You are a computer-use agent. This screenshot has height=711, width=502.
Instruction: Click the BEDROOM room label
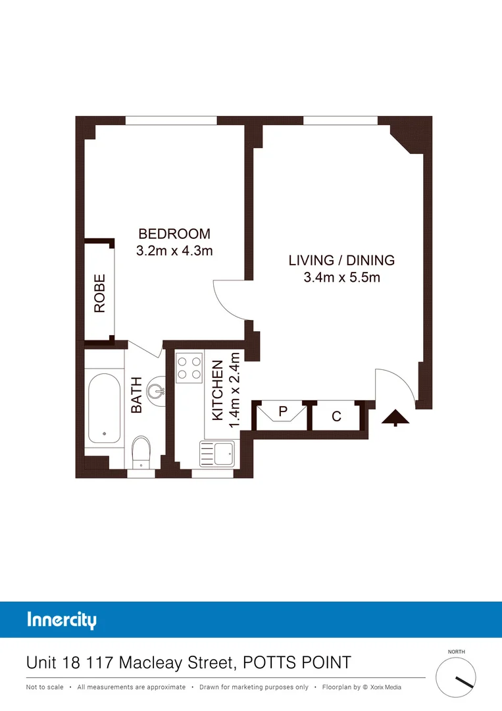pyautogui.click(x=174, y=234)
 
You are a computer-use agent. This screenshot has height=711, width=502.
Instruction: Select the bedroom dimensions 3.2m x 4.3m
pyautogui.click(x=174, y=251)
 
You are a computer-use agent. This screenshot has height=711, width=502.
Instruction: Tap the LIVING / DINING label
pyautogui.click(x=341, y=260)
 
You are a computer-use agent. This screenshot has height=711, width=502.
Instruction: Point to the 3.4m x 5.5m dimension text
pyautogui.click(x=341, y=277)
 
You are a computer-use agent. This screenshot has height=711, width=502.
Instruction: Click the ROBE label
pyautogui.click(x=100, y=293)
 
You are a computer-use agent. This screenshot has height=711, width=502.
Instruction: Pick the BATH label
pyautogui.click(x=137, y=394)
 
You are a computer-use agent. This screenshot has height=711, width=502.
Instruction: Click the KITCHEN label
pyautogui.click(x=217, y=391)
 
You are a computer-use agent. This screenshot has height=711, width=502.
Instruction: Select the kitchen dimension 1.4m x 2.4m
pyautogui.click(x=233, y=390)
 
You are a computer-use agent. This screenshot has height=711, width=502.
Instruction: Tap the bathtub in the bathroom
pyautogui.click(x=105, y=409)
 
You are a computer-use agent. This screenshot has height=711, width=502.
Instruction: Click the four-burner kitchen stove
pyautogui.click(x=189, y=368)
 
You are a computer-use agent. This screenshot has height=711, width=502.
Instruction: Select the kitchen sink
pyautogui.click(x=216, y=454)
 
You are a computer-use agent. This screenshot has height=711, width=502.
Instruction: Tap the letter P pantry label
pyautogui.click(x=284, y=411)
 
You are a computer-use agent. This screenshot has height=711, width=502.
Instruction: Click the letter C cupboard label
pyautogui.click(x=336, y=417)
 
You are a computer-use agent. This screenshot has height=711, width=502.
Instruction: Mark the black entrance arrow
pyautogui.click(x=396, y=417)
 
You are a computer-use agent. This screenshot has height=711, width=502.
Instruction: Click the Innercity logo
pyautogui.click(x=62, y=620)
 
